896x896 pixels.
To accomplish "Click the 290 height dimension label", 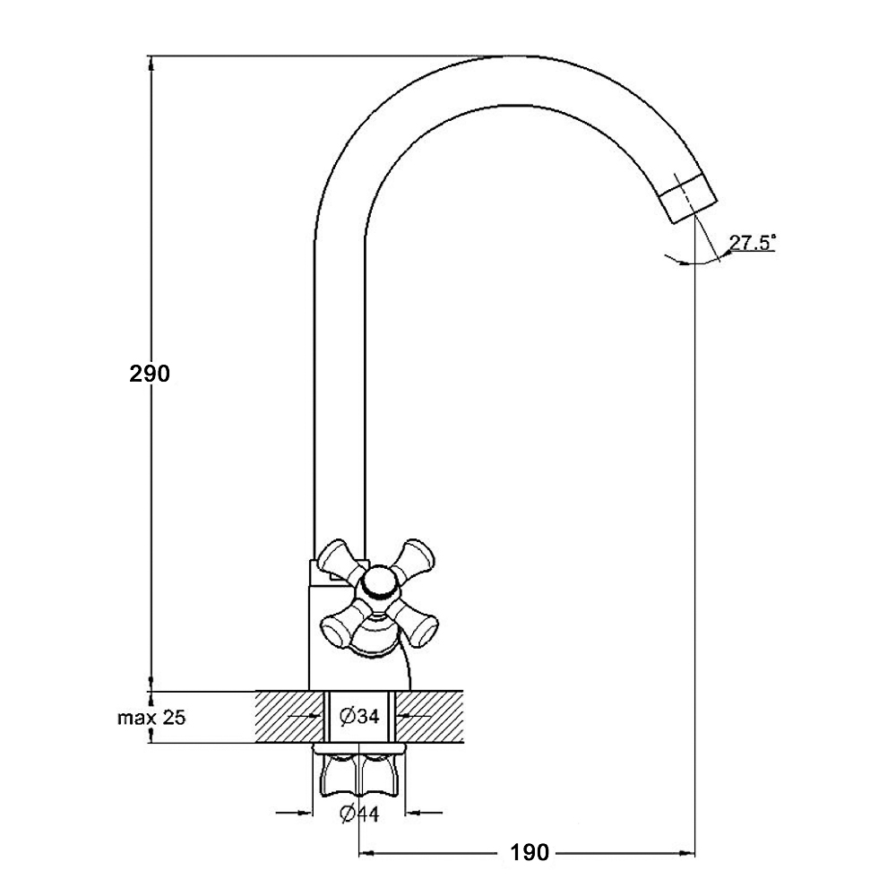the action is pyautogui.click(x=150, y=374).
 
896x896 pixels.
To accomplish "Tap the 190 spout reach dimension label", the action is pyautogui.click(x=530, y=853).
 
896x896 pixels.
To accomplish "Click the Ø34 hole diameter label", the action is pyautogui.click(x=359, y=716).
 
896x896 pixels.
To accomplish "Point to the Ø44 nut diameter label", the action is pyautogui.click(x=359, y=814).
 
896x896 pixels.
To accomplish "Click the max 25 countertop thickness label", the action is pyautogui.click(x=151, y=718).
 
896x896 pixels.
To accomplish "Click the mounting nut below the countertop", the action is pyautogui.click(x=359, y=773).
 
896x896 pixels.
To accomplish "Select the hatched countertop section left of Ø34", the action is pyautogui.click(x=289, y=717).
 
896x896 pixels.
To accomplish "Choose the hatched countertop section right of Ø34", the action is pyautogui.click(x=429, y=717).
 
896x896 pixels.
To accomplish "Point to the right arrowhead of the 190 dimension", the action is pyautogui.click(x=687, y=853).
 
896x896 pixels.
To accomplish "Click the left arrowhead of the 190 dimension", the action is pyautogui.click(x=366, y=853).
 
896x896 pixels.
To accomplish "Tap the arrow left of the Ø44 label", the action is pyautogui.click(x=295, y=812).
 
